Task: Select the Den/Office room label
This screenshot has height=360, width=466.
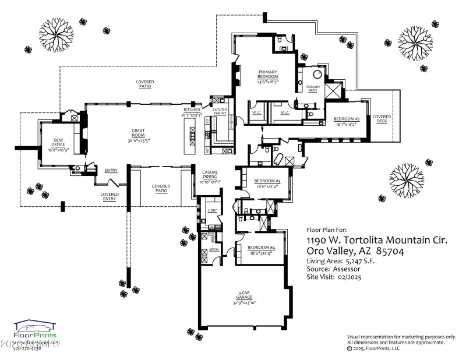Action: [58, 143]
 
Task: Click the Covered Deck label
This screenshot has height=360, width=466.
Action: [382, 119]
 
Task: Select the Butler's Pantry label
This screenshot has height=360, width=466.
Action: [219, 112]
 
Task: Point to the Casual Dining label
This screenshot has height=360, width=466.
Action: [210, 175]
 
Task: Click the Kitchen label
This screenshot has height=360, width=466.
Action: [192, 110]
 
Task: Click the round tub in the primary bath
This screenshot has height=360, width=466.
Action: [317, 75]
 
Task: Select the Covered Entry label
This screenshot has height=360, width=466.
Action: [110, 196]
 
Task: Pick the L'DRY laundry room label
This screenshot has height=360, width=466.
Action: [212, 210]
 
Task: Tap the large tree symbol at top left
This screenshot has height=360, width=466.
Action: [56, 30]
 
